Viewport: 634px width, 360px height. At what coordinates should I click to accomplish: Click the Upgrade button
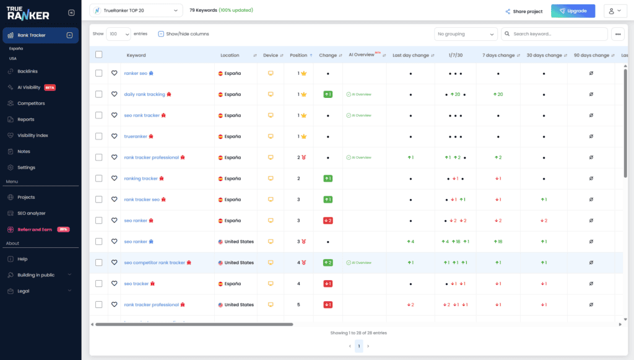[x=573, y=11]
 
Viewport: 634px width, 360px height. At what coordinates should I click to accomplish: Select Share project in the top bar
[x=524, y=11]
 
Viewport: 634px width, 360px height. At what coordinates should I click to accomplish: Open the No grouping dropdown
[x=466, y=34]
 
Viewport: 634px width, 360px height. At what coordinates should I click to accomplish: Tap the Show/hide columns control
[x=183, y=34]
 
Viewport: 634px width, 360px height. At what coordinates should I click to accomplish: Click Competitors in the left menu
[x=31, y=103]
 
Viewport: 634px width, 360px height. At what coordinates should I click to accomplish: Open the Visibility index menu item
[x=33, y=135]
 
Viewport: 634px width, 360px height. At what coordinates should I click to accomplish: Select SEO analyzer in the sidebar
[x=32, y=213]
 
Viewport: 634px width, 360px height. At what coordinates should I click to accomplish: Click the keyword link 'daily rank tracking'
[x=144, y=94]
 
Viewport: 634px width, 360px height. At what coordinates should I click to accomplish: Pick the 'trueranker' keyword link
[x=136, y=136]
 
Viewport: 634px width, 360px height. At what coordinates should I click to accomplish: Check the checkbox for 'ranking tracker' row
[x=99, y=178]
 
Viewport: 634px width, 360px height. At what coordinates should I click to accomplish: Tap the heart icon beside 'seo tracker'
[x=115, y=284]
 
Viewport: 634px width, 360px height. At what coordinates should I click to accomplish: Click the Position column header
[x=298, y=55]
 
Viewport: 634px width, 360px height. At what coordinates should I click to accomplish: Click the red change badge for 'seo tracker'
[x=328, y=284]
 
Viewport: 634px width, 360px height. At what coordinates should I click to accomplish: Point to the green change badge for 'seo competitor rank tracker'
[x=328, y=263]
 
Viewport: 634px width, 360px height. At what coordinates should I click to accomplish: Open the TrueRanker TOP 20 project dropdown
[x=136, y=11]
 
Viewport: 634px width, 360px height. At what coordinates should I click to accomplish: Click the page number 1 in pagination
[x=358, y=346]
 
